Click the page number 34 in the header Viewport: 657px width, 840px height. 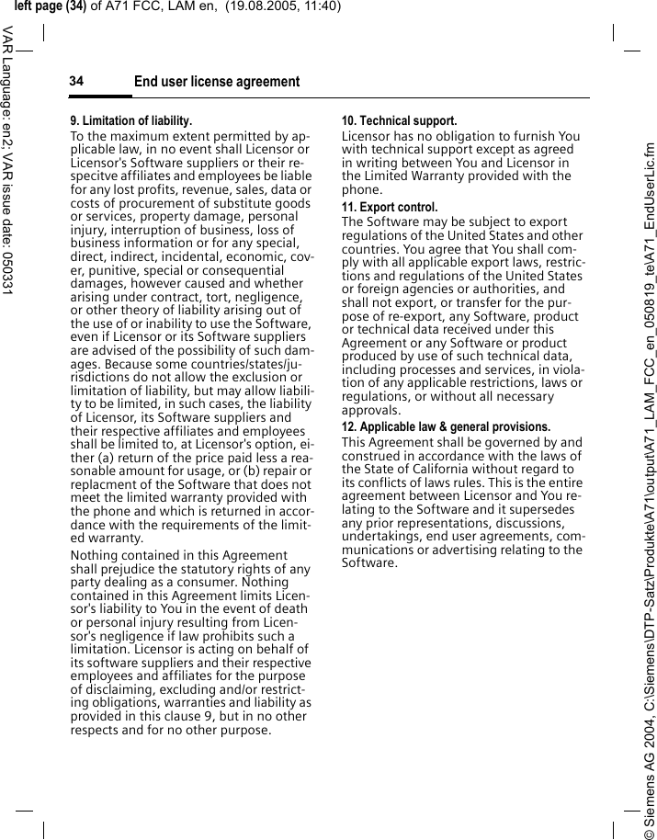[x=76, y=82]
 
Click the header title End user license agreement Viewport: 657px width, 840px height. [x=217, y=82]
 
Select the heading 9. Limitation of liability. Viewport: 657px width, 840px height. [x=131, y=121]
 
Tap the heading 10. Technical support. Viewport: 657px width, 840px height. [x=399, y=121]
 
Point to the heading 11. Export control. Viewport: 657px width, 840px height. [x=390, y=208]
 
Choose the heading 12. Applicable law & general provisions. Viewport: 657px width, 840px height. [x=447, y=427]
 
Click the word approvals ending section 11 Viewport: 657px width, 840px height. [x=370, y=410]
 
